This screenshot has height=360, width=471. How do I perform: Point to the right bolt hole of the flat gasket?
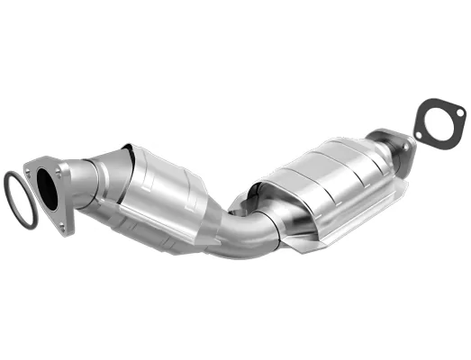[458, 112]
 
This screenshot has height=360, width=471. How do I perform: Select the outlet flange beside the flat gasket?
[394, 144]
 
